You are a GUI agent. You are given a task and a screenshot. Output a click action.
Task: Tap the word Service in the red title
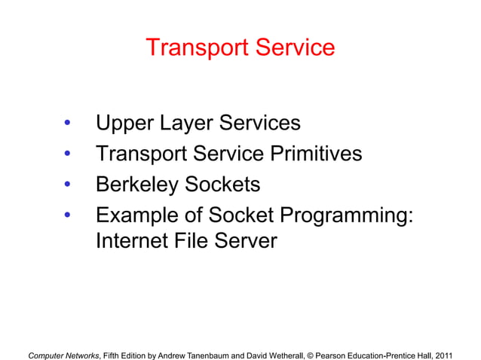pyautogui.click(x=293, y=48)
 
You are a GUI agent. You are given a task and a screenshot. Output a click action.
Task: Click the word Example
pyautogui.click(x=137, y=215)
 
